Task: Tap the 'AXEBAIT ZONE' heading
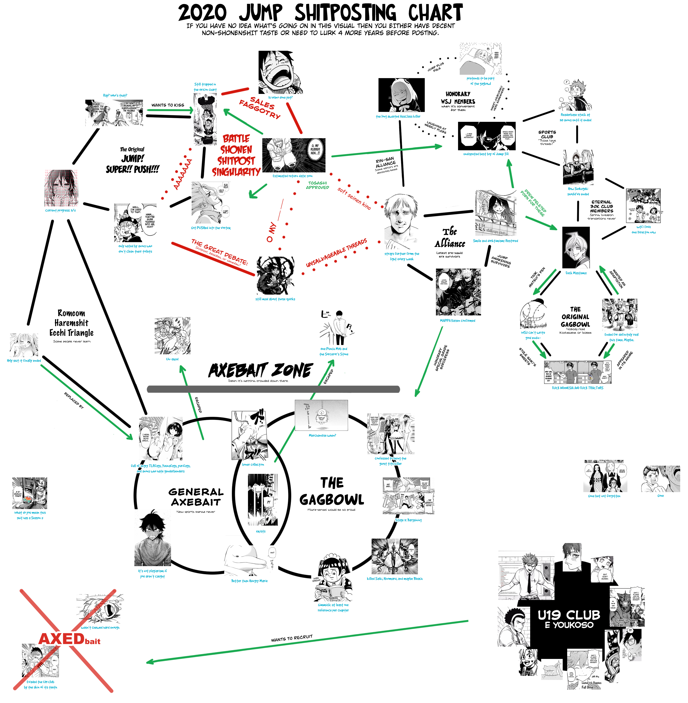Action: click(260, 370)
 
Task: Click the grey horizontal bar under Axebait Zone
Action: click(273, 389)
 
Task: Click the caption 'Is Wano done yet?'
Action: click(280, 98)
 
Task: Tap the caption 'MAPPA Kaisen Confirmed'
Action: click(457, 321)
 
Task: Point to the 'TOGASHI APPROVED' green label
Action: click(318, 185)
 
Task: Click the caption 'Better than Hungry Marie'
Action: click(249, 581)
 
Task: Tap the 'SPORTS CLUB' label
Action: click(547, 134)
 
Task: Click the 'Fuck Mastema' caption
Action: click(576, 273)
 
